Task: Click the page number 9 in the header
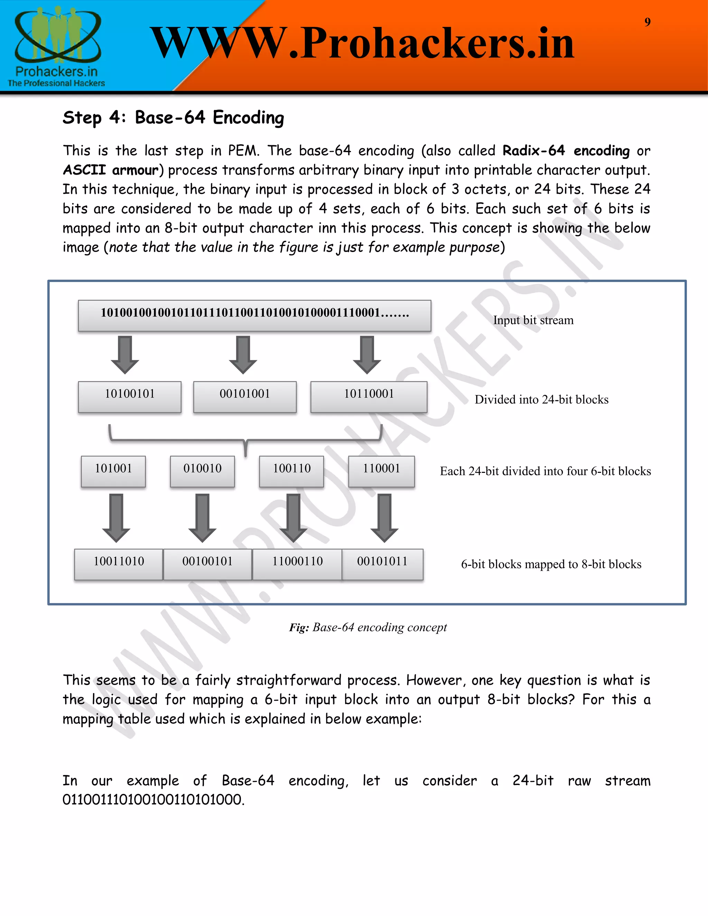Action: point(647,22)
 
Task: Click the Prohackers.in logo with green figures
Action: point(57,45)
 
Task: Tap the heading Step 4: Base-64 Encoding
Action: point(173,118)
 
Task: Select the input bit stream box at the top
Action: point(254,315)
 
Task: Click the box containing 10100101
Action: point(130,396)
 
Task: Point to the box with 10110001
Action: point(369,396)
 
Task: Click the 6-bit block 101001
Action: point(113,471)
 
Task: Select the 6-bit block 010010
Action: point(202,471)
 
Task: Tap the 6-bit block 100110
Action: point(291,471)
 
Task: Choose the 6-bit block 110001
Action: point(381,471)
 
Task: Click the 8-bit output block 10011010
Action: point(119,564)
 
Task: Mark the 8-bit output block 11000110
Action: point(297,564)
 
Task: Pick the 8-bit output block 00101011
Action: point(382,564)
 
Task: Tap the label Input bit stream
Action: point(533,320)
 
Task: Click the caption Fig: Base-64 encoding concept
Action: point(368,627)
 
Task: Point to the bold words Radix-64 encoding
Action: point(566,151)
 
